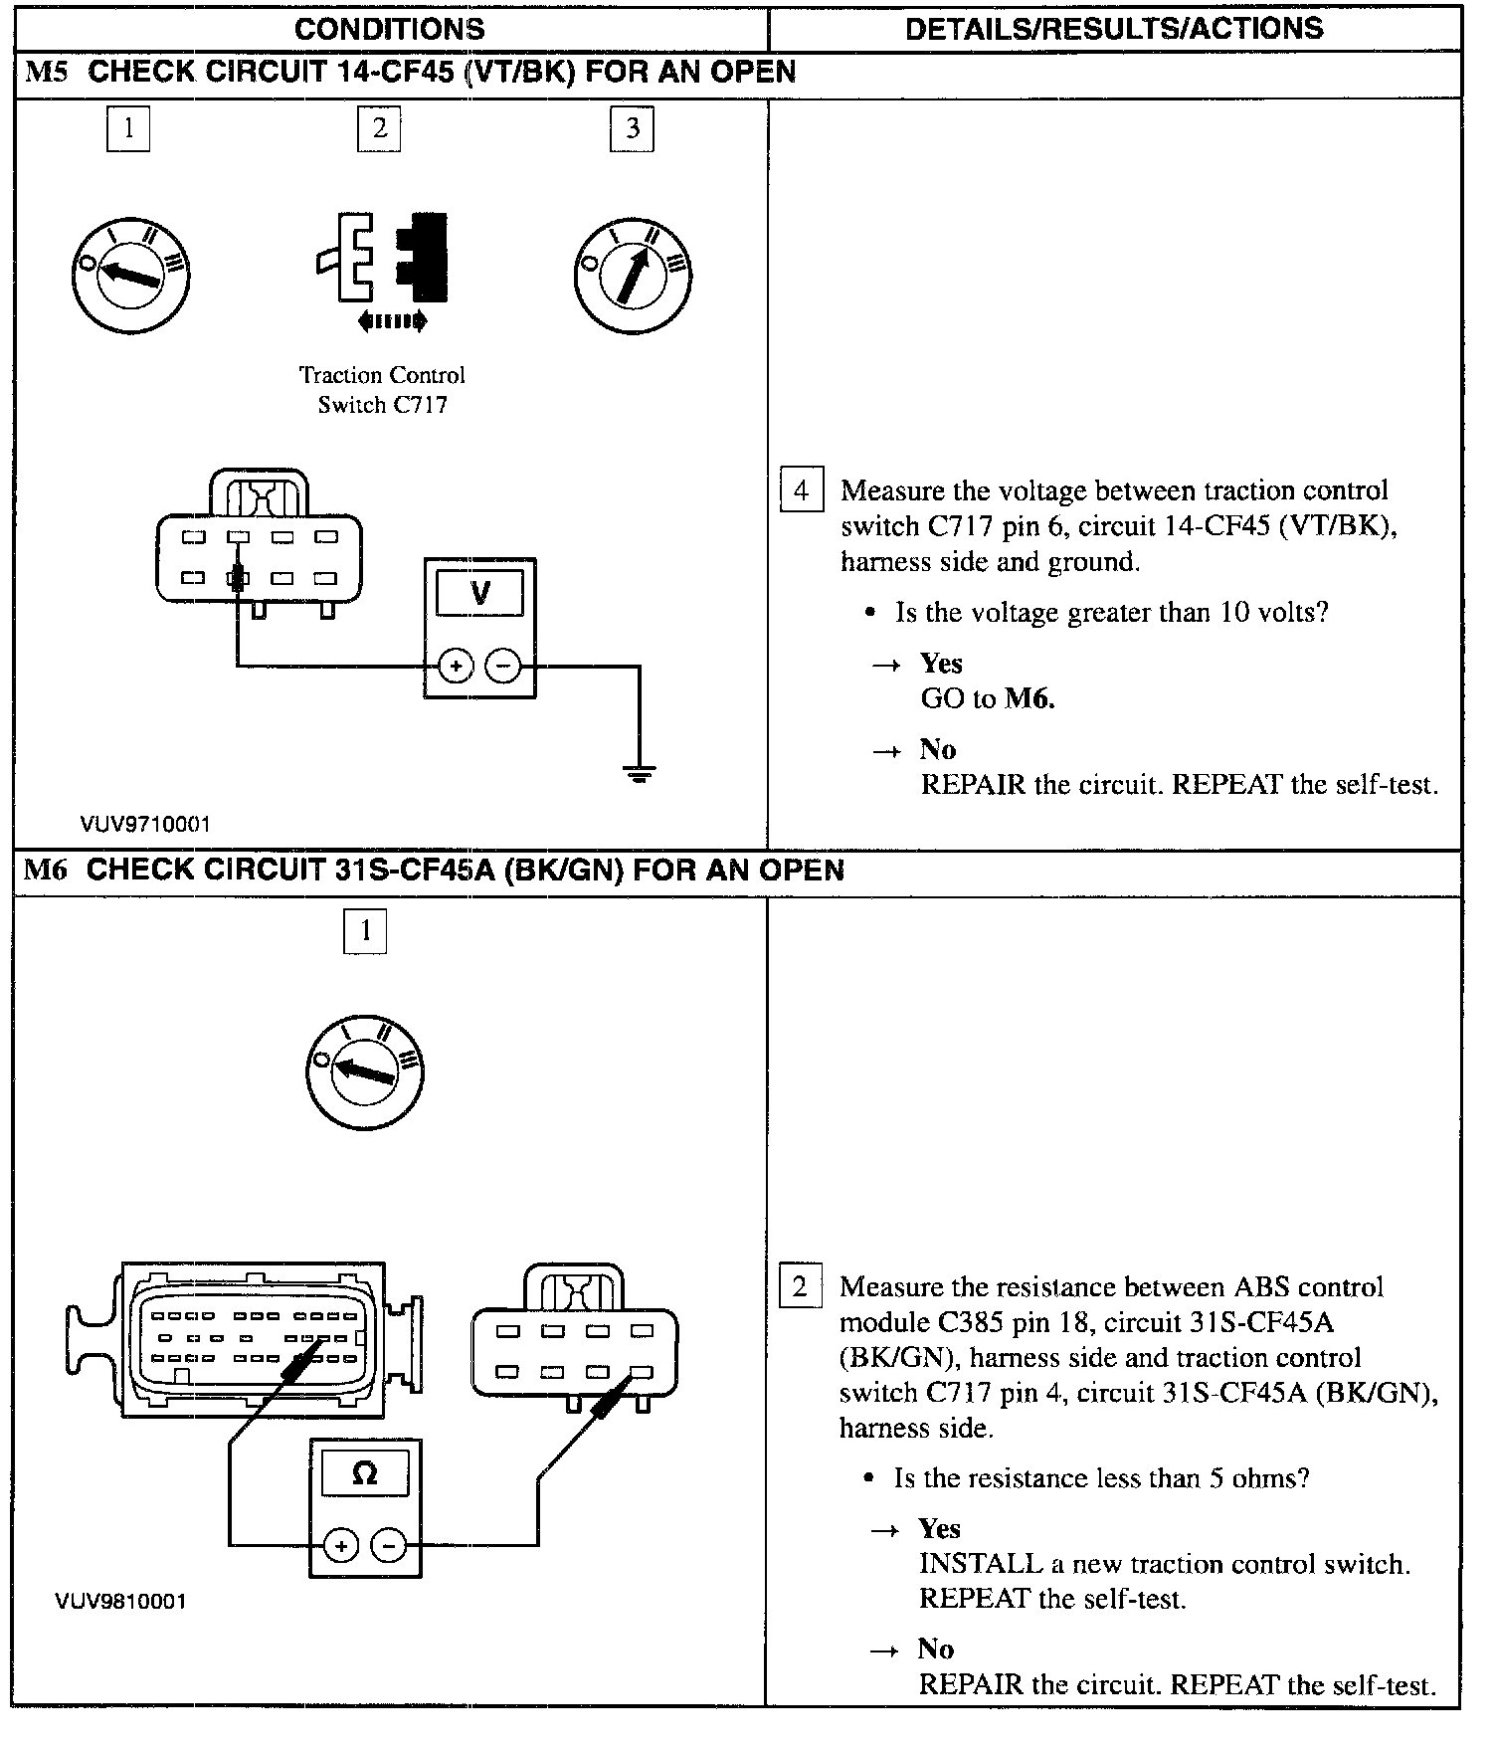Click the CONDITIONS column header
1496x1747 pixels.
389,29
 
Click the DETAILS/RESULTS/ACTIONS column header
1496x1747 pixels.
1113,29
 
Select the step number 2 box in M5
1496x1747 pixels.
379,128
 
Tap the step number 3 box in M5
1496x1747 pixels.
632,128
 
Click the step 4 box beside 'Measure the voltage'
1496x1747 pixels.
802,490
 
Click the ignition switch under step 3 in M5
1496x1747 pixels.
633,276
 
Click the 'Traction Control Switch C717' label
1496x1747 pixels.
382,390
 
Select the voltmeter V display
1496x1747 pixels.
479,594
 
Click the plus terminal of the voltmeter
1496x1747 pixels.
456,667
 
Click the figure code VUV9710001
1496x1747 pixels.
145,824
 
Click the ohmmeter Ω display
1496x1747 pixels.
365,1472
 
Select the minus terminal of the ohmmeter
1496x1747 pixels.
389,1545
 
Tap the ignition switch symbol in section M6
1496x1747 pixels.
364,1071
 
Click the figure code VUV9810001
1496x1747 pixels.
120,1601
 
